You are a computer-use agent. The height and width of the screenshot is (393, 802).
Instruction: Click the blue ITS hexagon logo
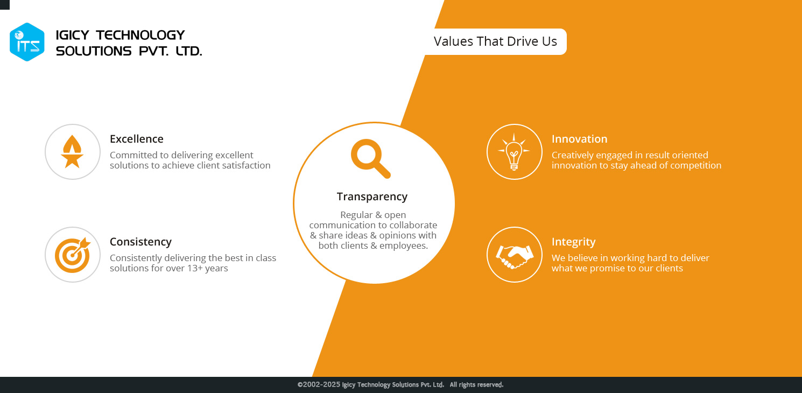tap(27, 42)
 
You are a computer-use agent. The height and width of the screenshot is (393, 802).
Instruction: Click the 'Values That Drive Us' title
tap(495, 41)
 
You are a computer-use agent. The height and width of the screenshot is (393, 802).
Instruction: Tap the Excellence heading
tap(136, 139)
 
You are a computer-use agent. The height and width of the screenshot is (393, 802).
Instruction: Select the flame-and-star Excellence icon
tap(72, 151)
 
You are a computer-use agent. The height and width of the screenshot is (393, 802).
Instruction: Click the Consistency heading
tap(140, 242)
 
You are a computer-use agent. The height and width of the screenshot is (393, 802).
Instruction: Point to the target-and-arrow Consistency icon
tap(73, 255)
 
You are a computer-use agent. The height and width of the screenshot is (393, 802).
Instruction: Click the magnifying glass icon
tap(370, 158)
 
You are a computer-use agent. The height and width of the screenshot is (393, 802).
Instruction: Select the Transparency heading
tap(372, 196)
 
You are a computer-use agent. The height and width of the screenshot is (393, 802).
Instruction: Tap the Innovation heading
tap(579, 139)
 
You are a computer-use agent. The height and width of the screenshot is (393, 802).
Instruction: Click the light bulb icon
tap(514, 152)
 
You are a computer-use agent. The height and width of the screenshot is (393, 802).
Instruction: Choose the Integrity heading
tap(574, 242)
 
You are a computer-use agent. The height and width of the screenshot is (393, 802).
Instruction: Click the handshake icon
tap(515, 256)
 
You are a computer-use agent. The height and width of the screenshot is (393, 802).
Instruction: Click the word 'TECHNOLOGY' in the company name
tap(140, 35)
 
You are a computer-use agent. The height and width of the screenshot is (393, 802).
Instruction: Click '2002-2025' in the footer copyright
tap(321, 384)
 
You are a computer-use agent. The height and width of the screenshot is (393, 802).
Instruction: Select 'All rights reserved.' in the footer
tap(476, 385)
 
